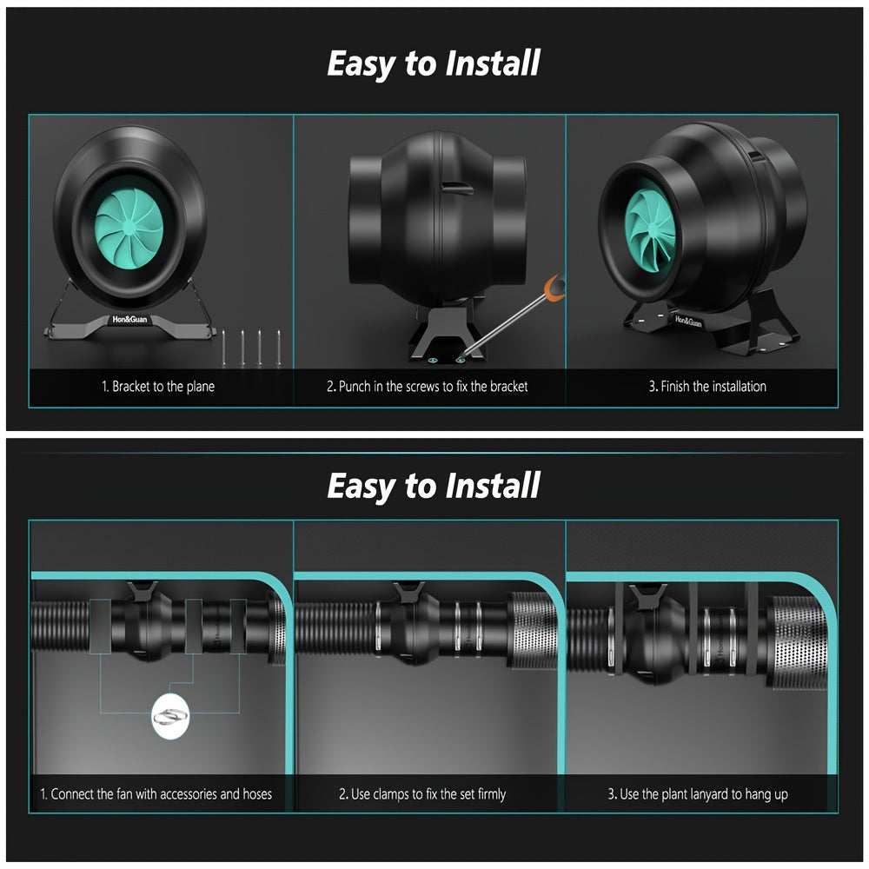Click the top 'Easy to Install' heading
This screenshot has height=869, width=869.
pos(434,63)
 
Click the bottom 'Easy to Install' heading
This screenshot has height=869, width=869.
pos(434,486)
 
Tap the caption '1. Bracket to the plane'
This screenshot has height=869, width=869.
pos(158,387)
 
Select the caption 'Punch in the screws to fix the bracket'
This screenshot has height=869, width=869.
pos(434,387)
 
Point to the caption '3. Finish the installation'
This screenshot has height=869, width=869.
pos(707,387)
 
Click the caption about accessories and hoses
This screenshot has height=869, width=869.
pos(156,793)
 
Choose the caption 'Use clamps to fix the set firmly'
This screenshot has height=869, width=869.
pos(428,794)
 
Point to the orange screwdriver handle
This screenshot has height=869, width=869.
pos(554,286)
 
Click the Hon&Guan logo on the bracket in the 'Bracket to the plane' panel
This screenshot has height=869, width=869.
pos(129,319)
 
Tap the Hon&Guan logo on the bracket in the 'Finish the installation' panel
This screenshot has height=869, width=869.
pos(688,321)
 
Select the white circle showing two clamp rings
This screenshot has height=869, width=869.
pos(170,716)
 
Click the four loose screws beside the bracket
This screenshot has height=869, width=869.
pos(251,348)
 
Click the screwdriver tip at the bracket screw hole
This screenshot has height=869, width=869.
pos(461,359)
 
